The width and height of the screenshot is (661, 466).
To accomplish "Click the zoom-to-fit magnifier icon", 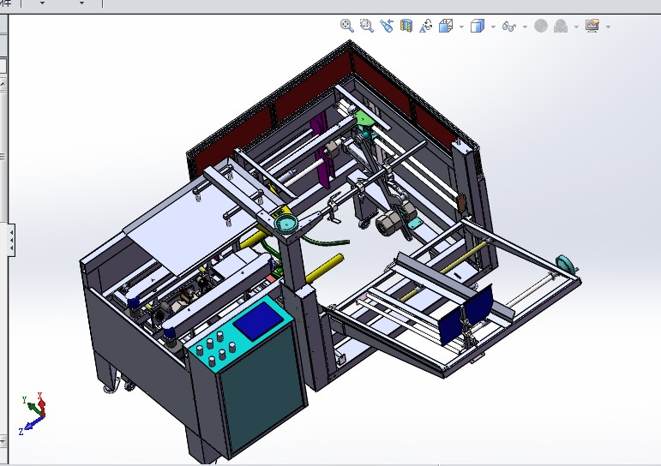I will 346,26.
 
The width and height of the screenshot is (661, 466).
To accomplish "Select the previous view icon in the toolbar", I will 386,26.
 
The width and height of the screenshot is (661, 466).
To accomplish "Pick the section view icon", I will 406,26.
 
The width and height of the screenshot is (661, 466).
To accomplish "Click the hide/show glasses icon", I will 508,27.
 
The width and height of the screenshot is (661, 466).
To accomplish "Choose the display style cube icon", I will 478,27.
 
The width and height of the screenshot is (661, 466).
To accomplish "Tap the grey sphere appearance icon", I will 541,27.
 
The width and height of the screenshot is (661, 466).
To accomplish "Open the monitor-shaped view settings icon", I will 592,26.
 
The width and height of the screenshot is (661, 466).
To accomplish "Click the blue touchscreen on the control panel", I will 260,321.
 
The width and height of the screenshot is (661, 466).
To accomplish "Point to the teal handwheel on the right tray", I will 566,262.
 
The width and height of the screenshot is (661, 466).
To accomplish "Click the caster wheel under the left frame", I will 109,388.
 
